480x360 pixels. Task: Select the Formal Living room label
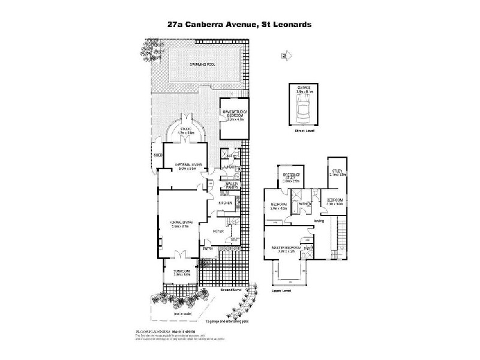(182, 224)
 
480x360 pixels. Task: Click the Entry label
(208, 248)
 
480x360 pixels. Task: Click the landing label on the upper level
(319, 220)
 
